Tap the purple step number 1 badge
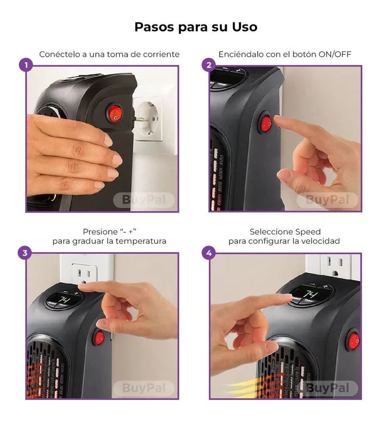point(25,66)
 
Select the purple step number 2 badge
point(208,66)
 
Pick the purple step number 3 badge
point(25,253)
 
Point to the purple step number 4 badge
point(208,253)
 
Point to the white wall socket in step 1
point(148,118)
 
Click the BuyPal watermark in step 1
point(144,200)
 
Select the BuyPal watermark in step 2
point(327,200)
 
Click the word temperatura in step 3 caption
point(143,241)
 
